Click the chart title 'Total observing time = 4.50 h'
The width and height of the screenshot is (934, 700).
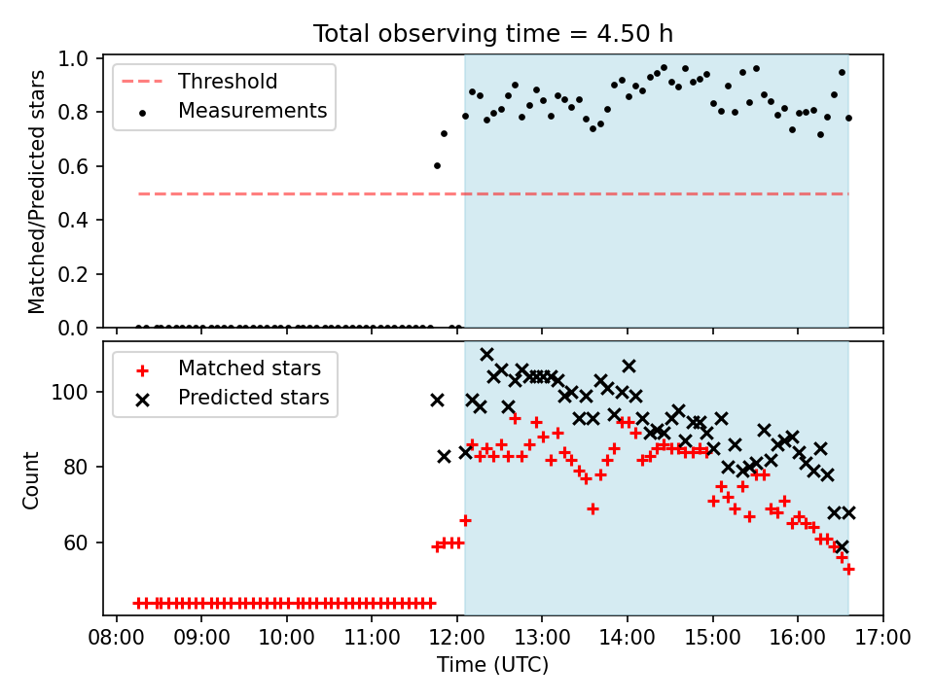coord(493,33)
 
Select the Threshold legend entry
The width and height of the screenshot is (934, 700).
coord(199,81)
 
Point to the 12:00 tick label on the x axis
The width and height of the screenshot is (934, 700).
coord(457,637)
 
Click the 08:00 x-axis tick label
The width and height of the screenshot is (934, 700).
coord(116,637)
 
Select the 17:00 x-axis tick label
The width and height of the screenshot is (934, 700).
coord(882,637)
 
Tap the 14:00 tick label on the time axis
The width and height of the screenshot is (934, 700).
coord(628,637)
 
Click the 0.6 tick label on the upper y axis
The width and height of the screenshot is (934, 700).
coord(73,166)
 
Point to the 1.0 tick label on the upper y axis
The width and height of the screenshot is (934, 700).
coord(73,58)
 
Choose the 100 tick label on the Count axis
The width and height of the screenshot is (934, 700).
coord(70,392)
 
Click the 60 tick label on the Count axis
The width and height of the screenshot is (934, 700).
coord(76,542)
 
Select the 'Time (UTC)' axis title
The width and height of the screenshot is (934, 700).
coord(492,664)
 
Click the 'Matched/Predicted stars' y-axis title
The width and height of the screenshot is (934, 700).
coord(36,192)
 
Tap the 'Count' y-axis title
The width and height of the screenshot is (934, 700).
coord(30,479)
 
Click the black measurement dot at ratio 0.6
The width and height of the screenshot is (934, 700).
coord(437,166)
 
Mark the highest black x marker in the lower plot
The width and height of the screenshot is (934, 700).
coord(486,355)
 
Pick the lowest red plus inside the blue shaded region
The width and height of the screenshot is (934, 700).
coord(848,570)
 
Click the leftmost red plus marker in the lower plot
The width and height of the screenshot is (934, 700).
coord(138,603)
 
